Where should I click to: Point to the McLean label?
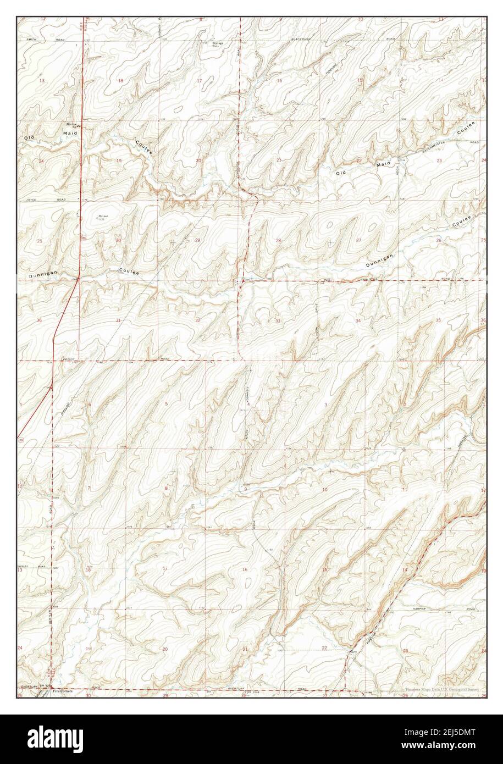tap(102, 217)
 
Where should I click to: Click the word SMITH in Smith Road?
tap(30, 40)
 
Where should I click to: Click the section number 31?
tap(118, 320)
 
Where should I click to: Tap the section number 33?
tap(278, 320)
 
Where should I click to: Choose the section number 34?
tap(358, 320)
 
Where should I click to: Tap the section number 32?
tap(197, 320)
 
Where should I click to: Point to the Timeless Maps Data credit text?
tap(443, 689)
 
